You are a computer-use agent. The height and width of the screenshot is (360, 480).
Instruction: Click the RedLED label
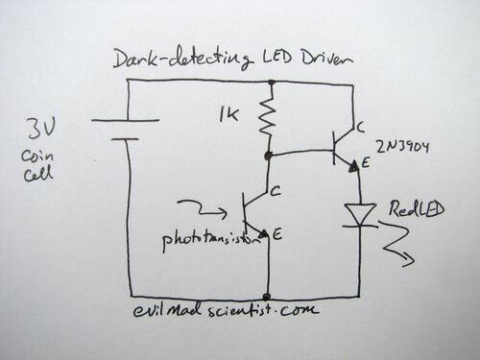(x=410, y=210)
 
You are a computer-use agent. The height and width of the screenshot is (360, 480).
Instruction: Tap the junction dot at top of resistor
(x=270, y=84)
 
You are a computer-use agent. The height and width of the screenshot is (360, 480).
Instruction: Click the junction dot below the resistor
(x=270, y=154)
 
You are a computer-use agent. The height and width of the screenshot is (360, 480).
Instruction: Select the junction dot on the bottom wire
(x=270, y=294)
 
